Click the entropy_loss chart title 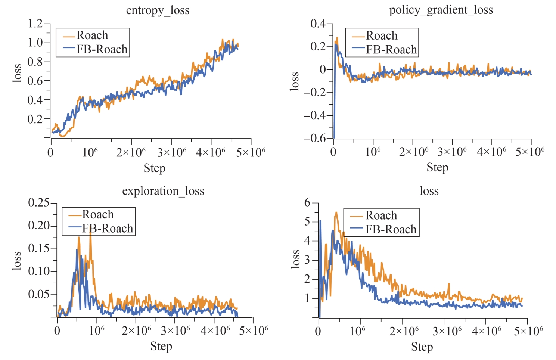click(x=158, y=10)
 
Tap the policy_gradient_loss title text click(x=441, y=10)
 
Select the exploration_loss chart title click(x=163, y=191)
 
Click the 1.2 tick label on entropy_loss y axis click(x=35, y=24)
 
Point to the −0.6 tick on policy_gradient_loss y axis click(x=316, y=139)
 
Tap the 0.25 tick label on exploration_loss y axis click(x=39, y=203)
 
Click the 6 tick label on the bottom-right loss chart click(x=307, y=203)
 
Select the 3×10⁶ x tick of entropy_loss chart click(x=172, y=152)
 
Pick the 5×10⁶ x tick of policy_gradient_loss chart click(x=530, y=152)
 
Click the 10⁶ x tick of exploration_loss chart click(x=97, y=330)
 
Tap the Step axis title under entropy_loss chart click(x=154, y=168)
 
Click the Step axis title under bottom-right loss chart click(x=422, y=347)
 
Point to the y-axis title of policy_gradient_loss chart click(x=295, y=81)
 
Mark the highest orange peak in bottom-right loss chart click(x=336, y=212)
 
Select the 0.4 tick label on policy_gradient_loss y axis click(x=318, y=24)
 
